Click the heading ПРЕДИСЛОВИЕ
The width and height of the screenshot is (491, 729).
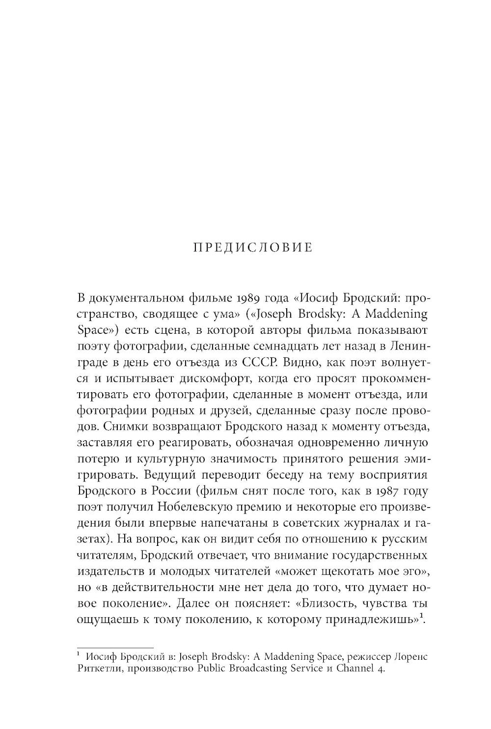pyautogui.click(x=252, y=247)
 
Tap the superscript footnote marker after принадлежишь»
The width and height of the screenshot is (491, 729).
pyautogui.click(x=422, y=616)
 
